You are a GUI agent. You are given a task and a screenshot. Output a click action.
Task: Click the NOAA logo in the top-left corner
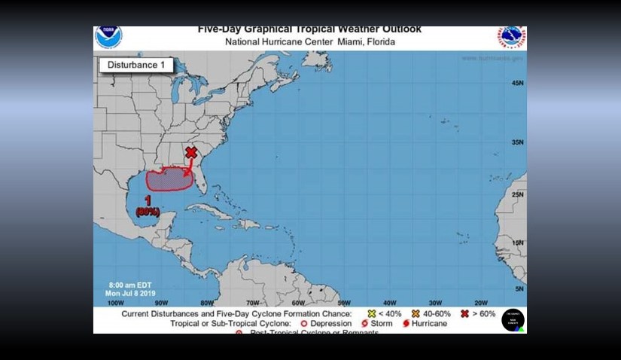pyautogui.click(x=108, y=37)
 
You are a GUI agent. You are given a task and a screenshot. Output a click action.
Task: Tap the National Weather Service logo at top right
pyautogui.click(x=511, y=38)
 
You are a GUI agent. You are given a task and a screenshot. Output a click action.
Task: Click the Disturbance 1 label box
pyautogui.click(x=136, y=65)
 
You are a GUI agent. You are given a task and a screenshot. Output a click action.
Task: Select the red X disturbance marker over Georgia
pyautogui.click(x=191, y=152)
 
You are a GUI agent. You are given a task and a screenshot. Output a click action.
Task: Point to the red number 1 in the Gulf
pyautogui.click(x=148, y=200)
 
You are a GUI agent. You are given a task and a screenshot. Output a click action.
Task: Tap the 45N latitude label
pyautogui.click(x=517, y=83)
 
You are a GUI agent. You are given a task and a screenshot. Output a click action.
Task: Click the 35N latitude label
pyautogui.click(x=517, y=142)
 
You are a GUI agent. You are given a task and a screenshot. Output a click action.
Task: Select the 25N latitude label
pyautogui.click(x=517, y=195)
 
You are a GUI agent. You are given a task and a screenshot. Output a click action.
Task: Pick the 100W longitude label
pyautogui.click(x=115, y=302)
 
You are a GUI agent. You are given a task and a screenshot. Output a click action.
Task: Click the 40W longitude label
pyautogui.click(x=389, y=302)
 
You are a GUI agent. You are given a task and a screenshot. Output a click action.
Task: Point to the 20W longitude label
pyautogui.click(x=481, y=302)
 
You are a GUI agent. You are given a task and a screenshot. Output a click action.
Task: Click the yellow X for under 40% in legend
pyautogui.click(x=371, y=313)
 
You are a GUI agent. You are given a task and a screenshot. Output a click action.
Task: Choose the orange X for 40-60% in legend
pyautogui.click(x=415, y=313)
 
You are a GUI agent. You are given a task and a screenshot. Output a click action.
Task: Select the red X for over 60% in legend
pyautogui.click(x=464, y=313)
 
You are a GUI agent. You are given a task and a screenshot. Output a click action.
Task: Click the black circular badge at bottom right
pyautogui.click(x=513, y=320)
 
